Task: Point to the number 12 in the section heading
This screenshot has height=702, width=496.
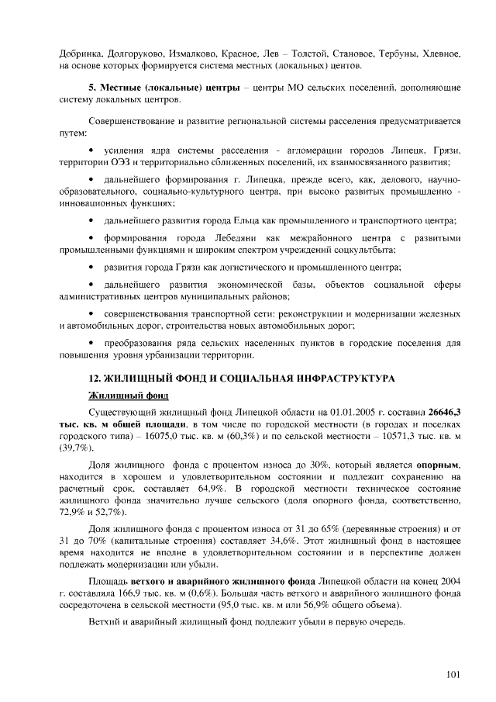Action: pos(95,378)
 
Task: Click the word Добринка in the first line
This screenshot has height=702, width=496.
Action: pos(80,54)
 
